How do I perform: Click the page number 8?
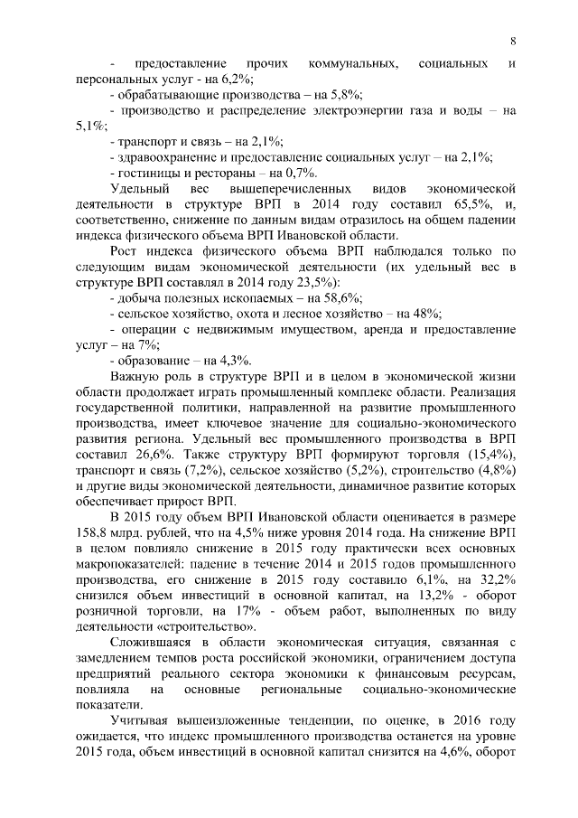pyautogui.click(x=513, y=41)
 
